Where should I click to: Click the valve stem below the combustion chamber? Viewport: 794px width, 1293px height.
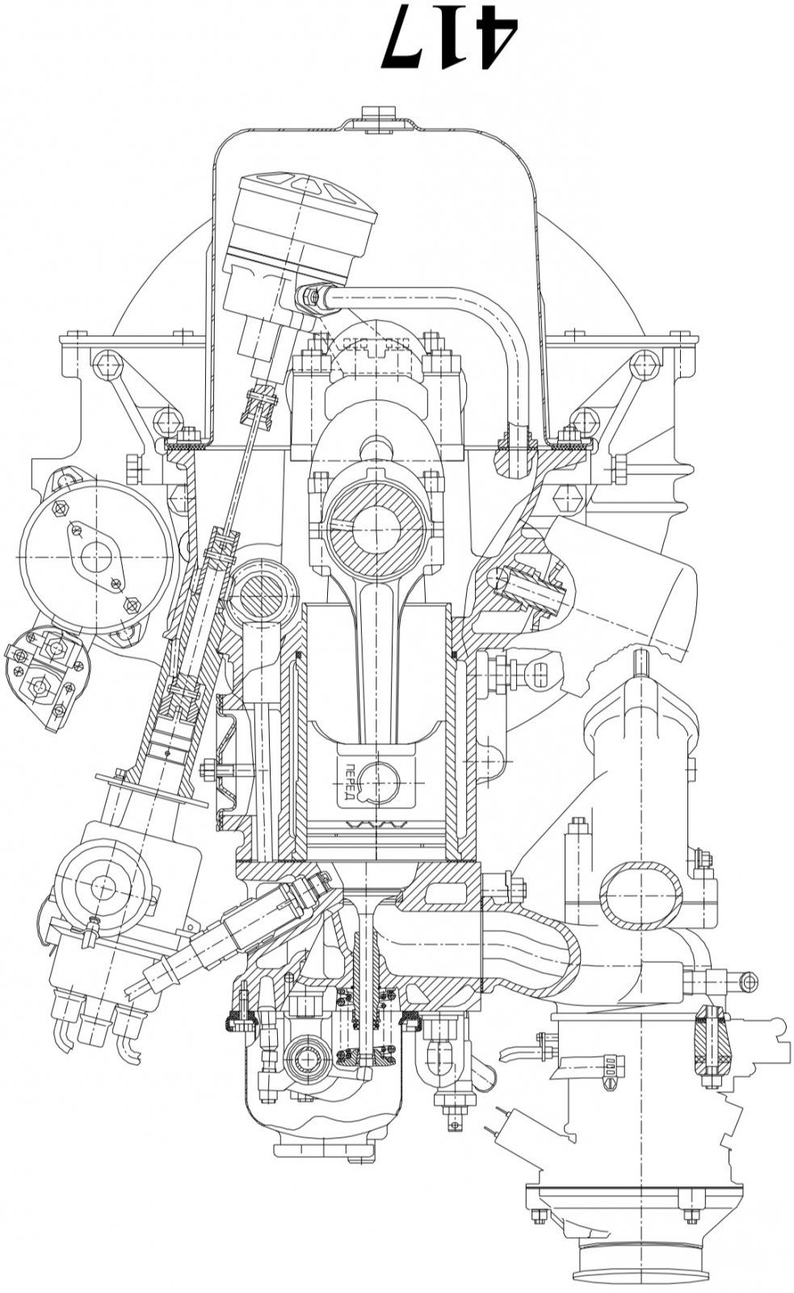pos(369,986)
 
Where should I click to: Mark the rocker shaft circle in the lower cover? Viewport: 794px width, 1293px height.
pos(309,1061)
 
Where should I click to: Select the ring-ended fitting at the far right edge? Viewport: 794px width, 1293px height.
pos(747,982)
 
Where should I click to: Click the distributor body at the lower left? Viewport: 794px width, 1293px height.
pos(109,905)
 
